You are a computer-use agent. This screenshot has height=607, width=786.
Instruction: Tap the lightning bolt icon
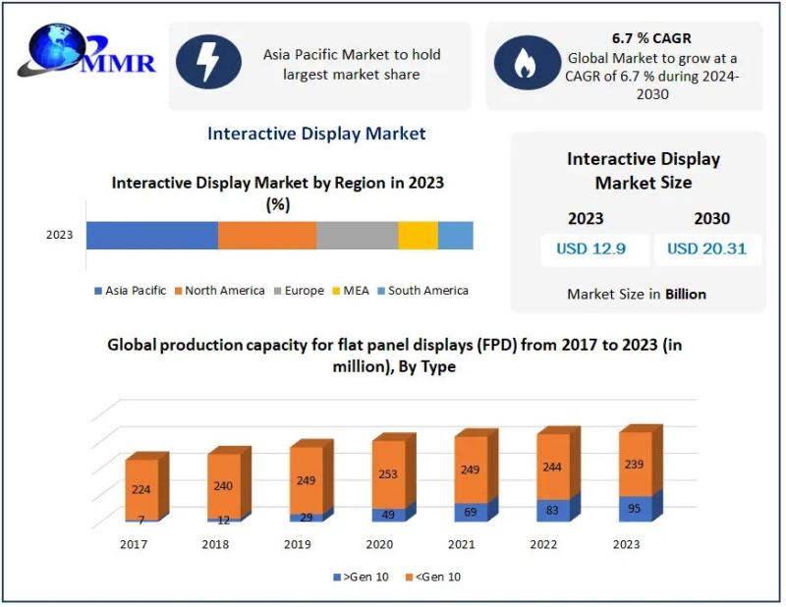208,63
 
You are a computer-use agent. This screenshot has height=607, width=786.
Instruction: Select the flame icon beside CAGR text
526,64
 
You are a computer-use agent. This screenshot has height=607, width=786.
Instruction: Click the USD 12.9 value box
590,248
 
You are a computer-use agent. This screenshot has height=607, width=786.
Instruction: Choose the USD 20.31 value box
706,248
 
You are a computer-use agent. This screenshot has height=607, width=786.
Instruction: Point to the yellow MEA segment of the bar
418,236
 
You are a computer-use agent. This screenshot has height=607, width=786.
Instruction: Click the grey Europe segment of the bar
357,236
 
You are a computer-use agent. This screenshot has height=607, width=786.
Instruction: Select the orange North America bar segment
266,236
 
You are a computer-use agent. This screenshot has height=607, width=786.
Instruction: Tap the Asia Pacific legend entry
131,291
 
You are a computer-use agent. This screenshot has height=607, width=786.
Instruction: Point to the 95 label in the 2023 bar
636,509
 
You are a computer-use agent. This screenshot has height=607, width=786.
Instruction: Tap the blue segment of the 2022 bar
552,511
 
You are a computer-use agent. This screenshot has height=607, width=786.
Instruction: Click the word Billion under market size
685,294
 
